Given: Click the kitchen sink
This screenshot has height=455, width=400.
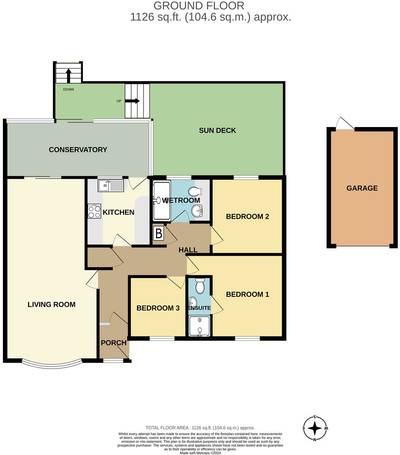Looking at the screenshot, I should point(110,186).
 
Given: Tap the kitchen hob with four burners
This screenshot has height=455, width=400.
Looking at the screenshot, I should point(94,211).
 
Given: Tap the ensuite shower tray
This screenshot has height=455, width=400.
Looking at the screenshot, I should point(200,326).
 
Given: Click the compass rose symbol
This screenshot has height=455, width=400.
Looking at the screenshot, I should point(315,428).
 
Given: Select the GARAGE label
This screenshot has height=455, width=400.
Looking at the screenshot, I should point(362,188).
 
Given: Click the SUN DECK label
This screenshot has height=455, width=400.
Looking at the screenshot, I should point(217,130).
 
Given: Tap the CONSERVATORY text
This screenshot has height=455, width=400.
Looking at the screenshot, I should point(78,150).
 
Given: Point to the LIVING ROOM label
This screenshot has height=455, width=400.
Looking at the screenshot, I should point(51,304).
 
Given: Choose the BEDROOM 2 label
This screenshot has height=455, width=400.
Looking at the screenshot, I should point(247,216).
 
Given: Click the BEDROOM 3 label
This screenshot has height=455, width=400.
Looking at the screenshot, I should point(158,308).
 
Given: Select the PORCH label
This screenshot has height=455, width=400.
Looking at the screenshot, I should point(114,343).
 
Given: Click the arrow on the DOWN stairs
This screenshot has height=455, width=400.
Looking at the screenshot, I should point(68,75).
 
